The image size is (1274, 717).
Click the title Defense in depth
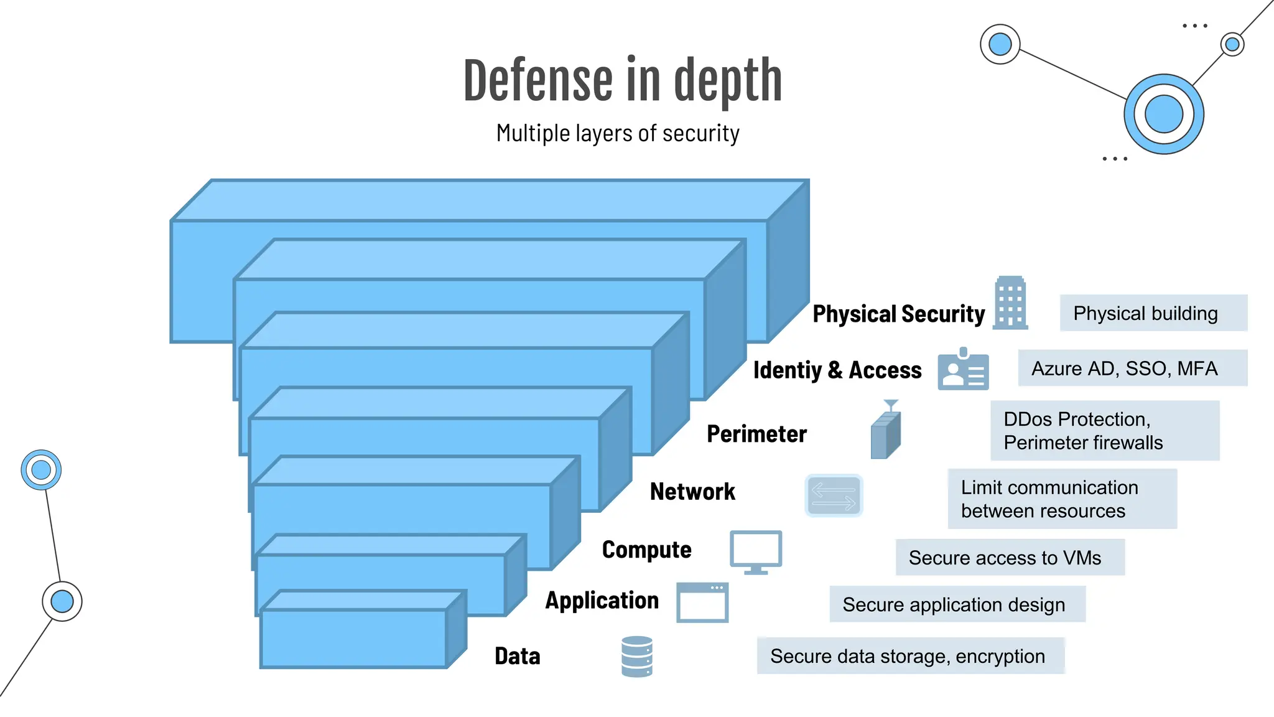(x=623, y=81)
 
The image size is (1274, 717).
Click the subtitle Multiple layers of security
(x=618, y=133)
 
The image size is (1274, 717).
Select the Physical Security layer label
(x=898, y=314)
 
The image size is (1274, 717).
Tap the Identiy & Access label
(x=837, y=370)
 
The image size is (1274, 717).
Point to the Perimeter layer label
(x=756, y=434)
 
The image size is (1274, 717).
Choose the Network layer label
(x=692, y=492)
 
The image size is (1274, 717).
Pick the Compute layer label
(x=646, y=550)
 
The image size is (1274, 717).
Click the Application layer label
(x=602, y=600)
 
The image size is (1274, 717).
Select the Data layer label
(x=517, y=656)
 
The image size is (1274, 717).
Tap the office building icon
(x=1010, y=302)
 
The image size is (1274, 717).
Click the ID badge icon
(x=963, y=370)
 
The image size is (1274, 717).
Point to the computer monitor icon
(x=756, y=551)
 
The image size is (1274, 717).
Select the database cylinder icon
(x=637, y=656)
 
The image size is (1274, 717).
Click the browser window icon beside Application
(x=702, y=602)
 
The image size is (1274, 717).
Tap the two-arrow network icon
(x=834, y=495)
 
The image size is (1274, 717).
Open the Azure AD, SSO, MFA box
(x=1132, y=368)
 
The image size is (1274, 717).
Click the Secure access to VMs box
(x=1010, y=558)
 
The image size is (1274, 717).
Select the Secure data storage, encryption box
(x=910, y=656)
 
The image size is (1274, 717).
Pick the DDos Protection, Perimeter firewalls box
(x=1104, y=431)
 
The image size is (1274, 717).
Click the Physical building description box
(x=1153, y=313)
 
